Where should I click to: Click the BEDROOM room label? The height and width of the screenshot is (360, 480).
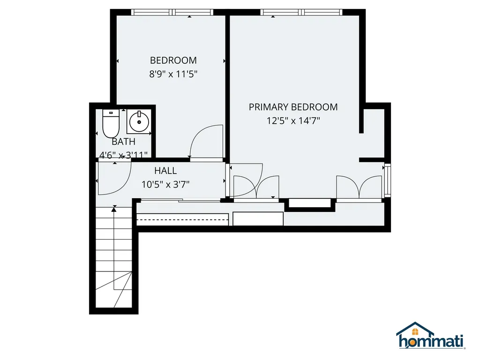(x=173, y=60)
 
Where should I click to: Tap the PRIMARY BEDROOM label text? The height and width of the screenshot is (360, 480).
(x=293, y=107)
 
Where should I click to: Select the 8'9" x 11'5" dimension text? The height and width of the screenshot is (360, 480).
(x=173, y=74)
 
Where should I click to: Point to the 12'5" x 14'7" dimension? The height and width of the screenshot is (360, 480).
(x=293, y=120)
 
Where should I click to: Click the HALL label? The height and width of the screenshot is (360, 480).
(x=165, y=171)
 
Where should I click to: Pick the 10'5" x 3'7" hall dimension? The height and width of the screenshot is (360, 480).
(x=165, y=184)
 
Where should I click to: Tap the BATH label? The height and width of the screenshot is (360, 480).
(x=123, y=142)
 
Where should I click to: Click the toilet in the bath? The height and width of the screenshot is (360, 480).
(x=111, y=124)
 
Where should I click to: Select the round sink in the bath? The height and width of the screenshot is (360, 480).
(x=139, y=122)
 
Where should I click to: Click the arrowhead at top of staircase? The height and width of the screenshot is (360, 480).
(x=114, y=210)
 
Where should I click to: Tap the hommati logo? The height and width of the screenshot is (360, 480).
(x=430, y=336)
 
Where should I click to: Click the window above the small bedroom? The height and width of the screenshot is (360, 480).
(x=172, y=12)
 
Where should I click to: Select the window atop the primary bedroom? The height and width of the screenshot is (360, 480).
(x=301, y=12)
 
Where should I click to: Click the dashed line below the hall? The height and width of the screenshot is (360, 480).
(x=182, y=219)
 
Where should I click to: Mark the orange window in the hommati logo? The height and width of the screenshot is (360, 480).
(x=415, y=332)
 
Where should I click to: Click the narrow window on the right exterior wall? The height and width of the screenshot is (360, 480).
(x=388, y=180)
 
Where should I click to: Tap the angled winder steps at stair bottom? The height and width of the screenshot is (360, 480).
(x=114, y=289)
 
